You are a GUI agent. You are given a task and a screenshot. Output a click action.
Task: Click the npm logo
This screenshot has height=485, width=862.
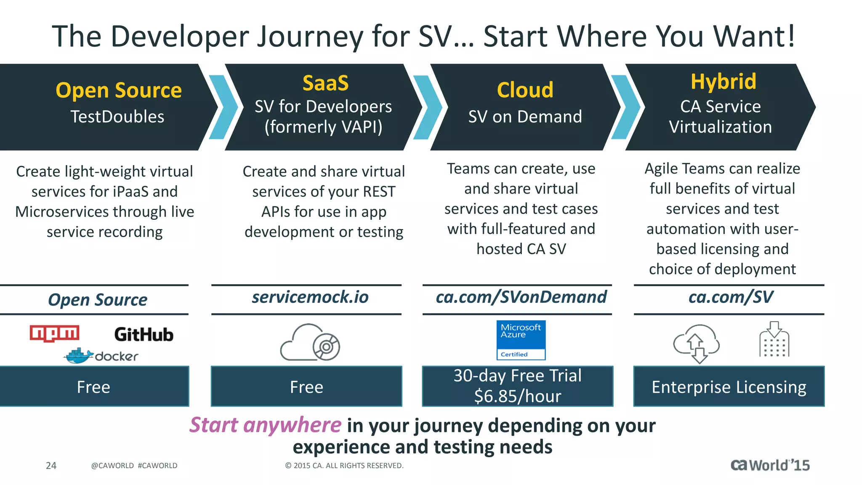pyautogui.click(x=54, y=333)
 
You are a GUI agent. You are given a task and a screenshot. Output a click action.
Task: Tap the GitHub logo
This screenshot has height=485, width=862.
pyautogui.click(x=144, y=335)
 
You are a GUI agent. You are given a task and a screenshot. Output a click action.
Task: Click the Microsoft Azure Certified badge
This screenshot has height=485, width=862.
pyautogui.click(x=521, y=340)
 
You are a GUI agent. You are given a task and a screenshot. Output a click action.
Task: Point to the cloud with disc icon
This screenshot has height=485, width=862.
pyautogui.click(x=310, y=342)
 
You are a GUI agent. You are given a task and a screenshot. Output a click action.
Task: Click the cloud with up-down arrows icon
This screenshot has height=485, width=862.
pyautogui.click(x=697, y=343)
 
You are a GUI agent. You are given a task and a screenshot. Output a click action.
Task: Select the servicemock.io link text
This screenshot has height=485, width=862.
pyautogui.click(x=310, y=297)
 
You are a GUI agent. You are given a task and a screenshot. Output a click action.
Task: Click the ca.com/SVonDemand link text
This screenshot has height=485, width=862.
pyautogui.click(x=521, y=297)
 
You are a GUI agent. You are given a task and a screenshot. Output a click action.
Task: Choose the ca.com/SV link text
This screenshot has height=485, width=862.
pyautogui.click(x=730, y=297)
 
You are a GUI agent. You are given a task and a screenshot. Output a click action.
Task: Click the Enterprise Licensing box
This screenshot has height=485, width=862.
pyautogui.click(x=729, y=386)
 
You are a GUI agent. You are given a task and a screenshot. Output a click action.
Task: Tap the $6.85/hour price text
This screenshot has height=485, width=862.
pyautogui.click(x=517, y=397)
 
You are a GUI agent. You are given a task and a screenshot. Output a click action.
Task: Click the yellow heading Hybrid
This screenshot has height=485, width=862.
pyautogui.click(x=723, y=81)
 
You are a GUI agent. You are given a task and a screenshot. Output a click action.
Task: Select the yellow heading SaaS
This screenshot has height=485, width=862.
pyautogui.click(x=325, y=83)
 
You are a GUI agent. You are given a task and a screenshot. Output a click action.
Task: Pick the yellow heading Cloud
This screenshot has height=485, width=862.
pyautogui.click(x=525, y=90)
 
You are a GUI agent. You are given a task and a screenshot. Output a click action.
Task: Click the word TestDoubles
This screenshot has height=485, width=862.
pyautogui.click(x=117, y=117)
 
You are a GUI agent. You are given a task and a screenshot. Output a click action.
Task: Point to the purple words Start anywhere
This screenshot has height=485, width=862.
pyautogui.click(x=265, y=425)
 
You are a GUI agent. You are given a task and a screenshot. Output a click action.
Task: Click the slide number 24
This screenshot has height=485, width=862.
pyautogui.click(x=51, y=466)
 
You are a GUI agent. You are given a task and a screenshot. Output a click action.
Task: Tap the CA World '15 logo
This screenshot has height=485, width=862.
pyautogui.click(x=770, y=465)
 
